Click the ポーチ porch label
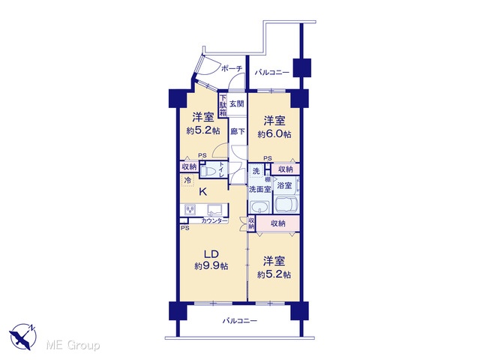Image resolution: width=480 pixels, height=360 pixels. coord(232,68)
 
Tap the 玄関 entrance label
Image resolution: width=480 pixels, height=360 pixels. coord(237,104)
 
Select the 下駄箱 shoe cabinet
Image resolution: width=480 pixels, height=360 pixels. coord(223,105)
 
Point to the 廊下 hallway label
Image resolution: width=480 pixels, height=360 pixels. coord(238,132)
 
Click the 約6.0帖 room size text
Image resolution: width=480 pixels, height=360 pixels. coord(274,134)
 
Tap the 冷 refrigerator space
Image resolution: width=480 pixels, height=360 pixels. coord(187,180)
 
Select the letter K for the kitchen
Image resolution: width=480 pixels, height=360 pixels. coord(203,192)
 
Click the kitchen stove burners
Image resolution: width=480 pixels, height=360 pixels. coord(190,210)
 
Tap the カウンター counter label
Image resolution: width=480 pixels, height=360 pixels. coord(214,220)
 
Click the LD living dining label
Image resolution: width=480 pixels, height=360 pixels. coord(211,254)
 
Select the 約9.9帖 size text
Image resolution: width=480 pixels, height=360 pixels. coord(211,266)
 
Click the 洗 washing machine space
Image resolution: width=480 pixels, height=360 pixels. coord(256,171)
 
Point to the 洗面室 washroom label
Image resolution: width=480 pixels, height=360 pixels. coord(260,189)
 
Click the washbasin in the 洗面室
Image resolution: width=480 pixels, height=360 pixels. coord(260,208)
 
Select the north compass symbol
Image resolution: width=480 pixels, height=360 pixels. coord(22,337)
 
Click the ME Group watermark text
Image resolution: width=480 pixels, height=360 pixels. coord(73,346)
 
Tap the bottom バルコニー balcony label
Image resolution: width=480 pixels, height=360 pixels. coord(240,321)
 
